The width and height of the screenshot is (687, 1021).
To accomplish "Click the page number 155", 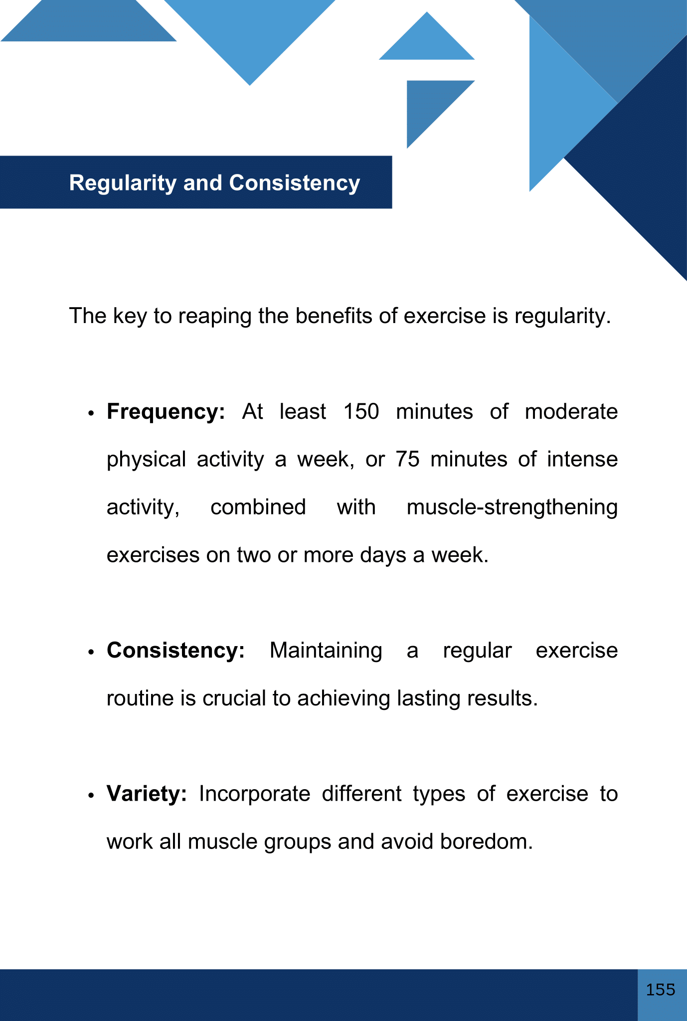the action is (661, 989).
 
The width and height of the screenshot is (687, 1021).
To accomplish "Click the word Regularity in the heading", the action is (123, 183).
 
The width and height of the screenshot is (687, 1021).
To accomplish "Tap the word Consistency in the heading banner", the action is (294, 183).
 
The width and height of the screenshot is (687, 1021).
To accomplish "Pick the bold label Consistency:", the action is (175, 651).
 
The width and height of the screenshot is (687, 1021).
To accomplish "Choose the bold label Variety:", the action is (147, 794).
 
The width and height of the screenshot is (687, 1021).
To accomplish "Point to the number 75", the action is (408, 459).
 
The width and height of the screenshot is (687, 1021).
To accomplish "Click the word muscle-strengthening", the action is (512, 508).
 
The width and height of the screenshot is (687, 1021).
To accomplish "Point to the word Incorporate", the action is (254, 794).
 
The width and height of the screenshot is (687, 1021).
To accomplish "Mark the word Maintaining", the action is (326, 651).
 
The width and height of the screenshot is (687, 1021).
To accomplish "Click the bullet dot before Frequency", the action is (91, 414).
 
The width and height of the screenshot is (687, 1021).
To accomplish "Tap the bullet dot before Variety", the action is (91, 796).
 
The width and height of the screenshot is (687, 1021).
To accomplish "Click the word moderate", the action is (571, 412).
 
